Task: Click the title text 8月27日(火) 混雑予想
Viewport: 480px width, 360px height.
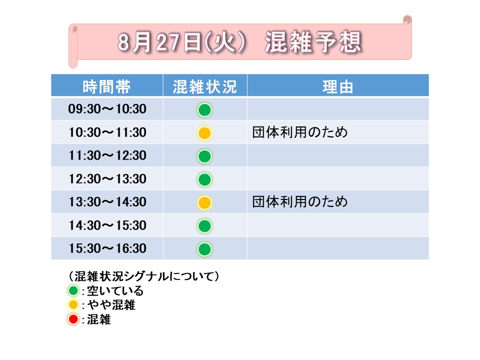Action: [x=240, y=42]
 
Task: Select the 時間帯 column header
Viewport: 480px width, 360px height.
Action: [x=107, y=87]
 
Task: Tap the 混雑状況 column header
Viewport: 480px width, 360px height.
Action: [x=205, y=87]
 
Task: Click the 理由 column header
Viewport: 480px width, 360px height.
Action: [x=338, y=87]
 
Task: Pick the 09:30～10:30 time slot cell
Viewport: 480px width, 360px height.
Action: [x=107, y=109]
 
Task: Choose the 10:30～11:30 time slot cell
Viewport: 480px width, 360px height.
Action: [x=107, y=132]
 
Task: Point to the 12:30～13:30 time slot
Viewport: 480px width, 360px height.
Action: [x=107, y=179]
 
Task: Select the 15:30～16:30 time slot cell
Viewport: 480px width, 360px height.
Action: [x=107, y=248]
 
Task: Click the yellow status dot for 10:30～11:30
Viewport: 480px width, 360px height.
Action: [x=204, y=133]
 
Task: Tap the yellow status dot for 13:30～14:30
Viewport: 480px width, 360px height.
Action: [x=204, y=202]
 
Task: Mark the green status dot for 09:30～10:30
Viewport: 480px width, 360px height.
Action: [x=204, y=110]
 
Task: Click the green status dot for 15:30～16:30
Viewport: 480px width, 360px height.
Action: [x=204, y=249]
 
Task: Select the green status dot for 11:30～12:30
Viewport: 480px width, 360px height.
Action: [x=204, y=156]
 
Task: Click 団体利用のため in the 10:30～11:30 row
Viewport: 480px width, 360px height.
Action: [x=300, y=132]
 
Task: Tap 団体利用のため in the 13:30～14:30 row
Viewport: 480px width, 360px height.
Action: [x=300, y=201]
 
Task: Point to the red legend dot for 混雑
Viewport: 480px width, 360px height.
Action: [x=73, y=319]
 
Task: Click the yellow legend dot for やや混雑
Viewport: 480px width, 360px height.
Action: [x=73, y=305]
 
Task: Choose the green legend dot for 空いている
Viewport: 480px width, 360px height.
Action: [x=73, y=290]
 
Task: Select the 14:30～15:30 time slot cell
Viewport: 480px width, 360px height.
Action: [x=107, y=225]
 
